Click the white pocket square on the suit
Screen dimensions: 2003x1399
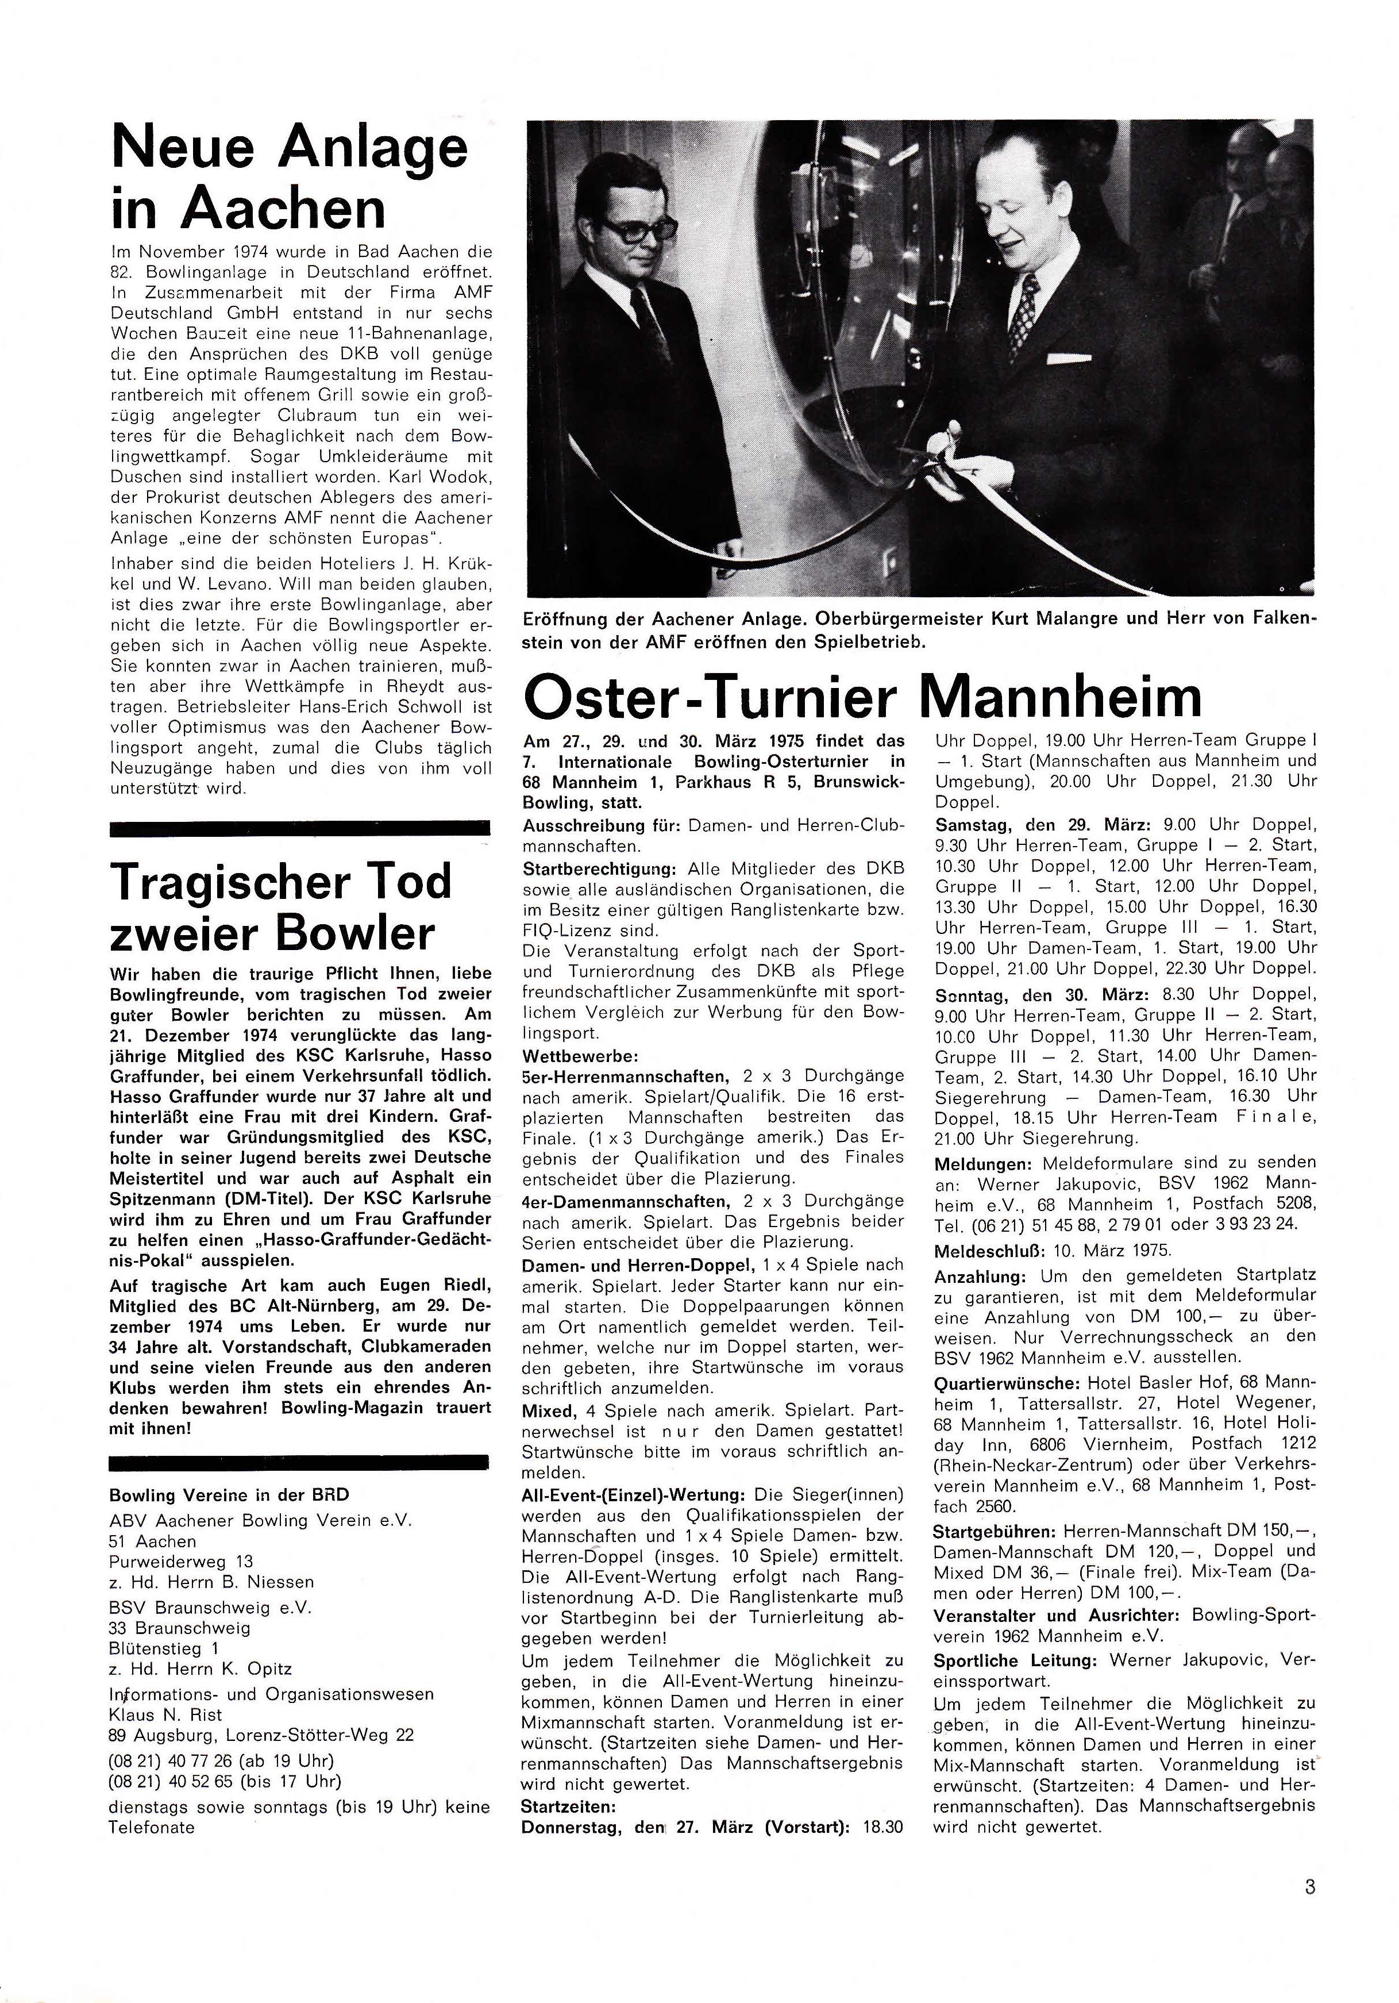coord(1069,357)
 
